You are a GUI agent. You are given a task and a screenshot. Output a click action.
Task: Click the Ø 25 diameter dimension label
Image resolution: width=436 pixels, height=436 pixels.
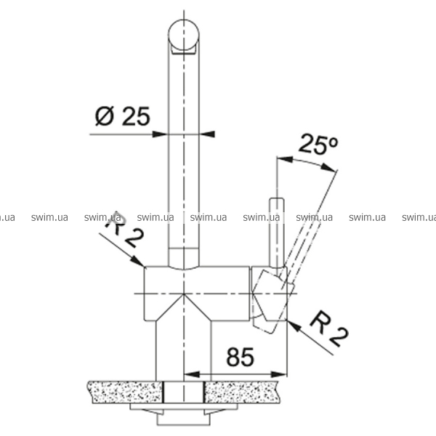(123, 116)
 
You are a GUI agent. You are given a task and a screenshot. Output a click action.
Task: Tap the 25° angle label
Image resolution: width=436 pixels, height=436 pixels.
(318, 144)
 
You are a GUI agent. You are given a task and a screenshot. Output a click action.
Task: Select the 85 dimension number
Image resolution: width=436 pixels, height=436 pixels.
(241, 357)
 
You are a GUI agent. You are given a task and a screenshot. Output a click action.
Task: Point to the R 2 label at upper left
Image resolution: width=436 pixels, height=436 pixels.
(124, 230)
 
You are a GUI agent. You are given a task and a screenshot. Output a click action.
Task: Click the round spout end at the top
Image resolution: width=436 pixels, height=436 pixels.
(184, 35)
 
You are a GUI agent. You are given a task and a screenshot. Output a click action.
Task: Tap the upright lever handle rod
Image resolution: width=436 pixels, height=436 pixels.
(277, 233)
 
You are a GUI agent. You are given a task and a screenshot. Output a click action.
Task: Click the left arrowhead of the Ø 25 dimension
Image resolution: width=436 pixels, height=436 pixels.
(160, 134)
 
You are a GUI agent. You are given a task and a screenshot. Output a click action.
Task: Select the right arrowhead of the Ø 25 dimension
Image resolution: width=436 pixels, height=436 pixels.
(207, 134)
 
